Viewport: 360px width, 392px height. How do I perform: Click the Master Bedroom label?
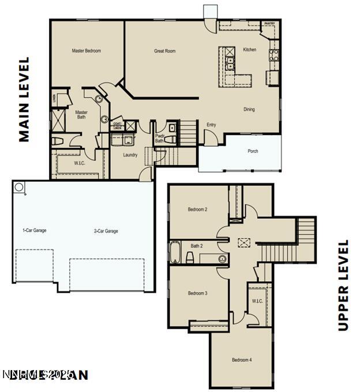click(x=86, y=51)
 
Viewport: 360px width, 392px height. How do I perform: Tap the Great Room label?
click(x=164, y=51)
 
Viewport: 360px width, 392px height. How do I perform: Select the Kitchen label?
click(x=249, y=50)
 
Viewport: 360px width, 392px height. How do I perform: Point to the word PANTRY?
click(x=269, y=24)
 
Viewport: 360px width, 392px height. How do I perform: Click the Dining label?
click(x=249, y=109)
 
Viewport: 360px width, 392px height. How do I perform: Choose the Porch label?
click(x=253, y=151)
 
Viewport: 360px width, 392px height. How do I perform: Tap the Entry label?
click(x=211, y=125)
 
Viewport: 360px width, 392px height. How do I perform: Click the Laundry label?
click(x=130, y=155)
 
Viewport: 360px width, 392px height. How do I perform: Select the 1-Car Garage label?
click(x=34, y=230)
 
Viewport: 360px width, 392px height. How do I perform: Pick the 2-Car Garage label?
click(x=106, y=231)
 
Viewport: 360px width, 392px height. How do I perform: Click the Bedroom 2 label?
click(x=197, y=210)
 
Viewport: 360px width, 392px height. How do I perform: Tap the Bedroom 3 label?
click(x=197, y=293)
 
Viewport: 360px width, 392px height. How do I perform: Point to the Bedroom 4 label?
click(x=242, y=360)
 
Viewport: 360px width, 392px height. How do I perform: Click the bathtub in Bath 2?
click(x=175, y=252)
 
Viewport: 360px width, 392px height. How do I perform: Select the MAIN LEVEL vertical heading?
click(x=24, y=99)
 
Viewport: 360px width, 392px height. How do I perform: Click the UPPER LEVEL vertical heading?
click(x=343, y=285)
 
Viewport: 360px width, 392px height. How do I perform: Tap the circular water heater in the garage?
click(x=19, y=187)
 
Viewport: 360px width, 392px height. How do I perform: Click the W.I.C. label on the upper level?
click(x=257, y=300)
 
